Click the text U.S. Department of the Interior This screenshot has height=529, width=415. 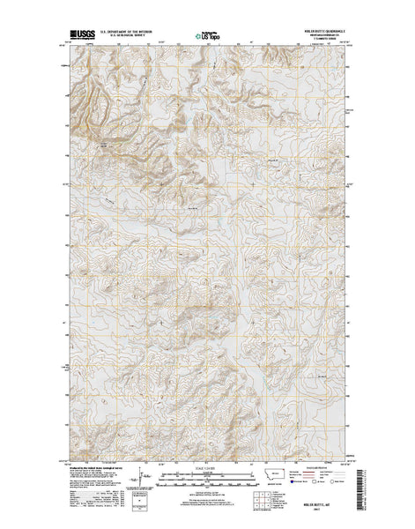click(x=131, y=34)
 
